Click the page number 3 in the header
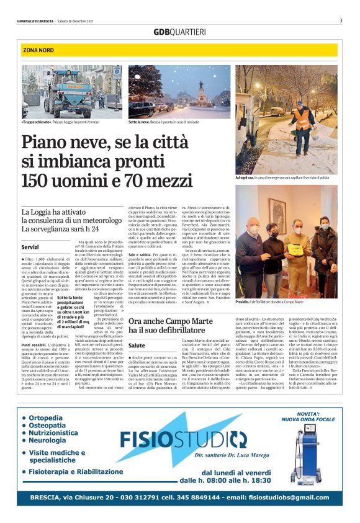click(x=341, y=20)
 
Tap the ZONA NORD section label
click(x=38, y=49)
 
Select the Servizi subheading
click(x=30, y=246)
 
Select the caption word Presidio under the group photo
click(x=243, y=300)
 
